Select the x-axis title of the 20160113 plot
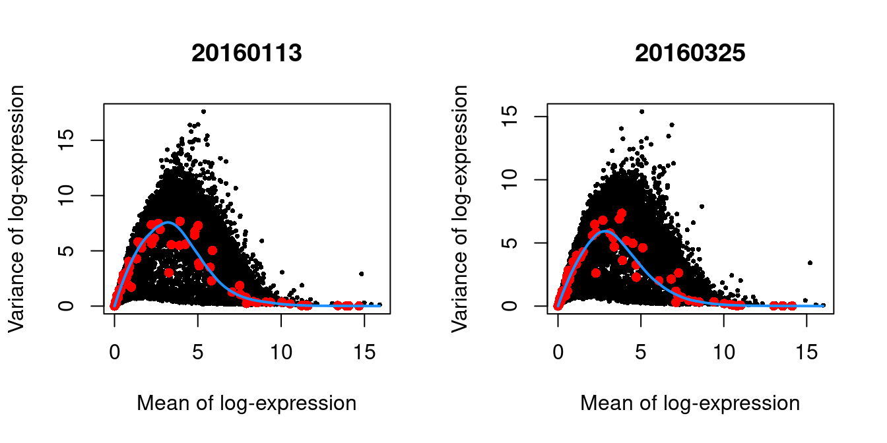[246, 403]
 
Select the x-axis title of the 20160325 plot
[690, 403]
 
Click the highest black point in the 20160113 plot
[203, 111]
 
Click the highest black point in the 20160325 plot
[641, 111]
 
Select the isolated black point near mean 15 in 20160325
[810, 262]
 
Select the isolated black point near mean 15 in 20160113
[361, 274]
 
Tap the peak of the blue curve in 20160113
[168, 223]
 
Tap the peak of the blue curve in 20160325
[607, 231]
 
